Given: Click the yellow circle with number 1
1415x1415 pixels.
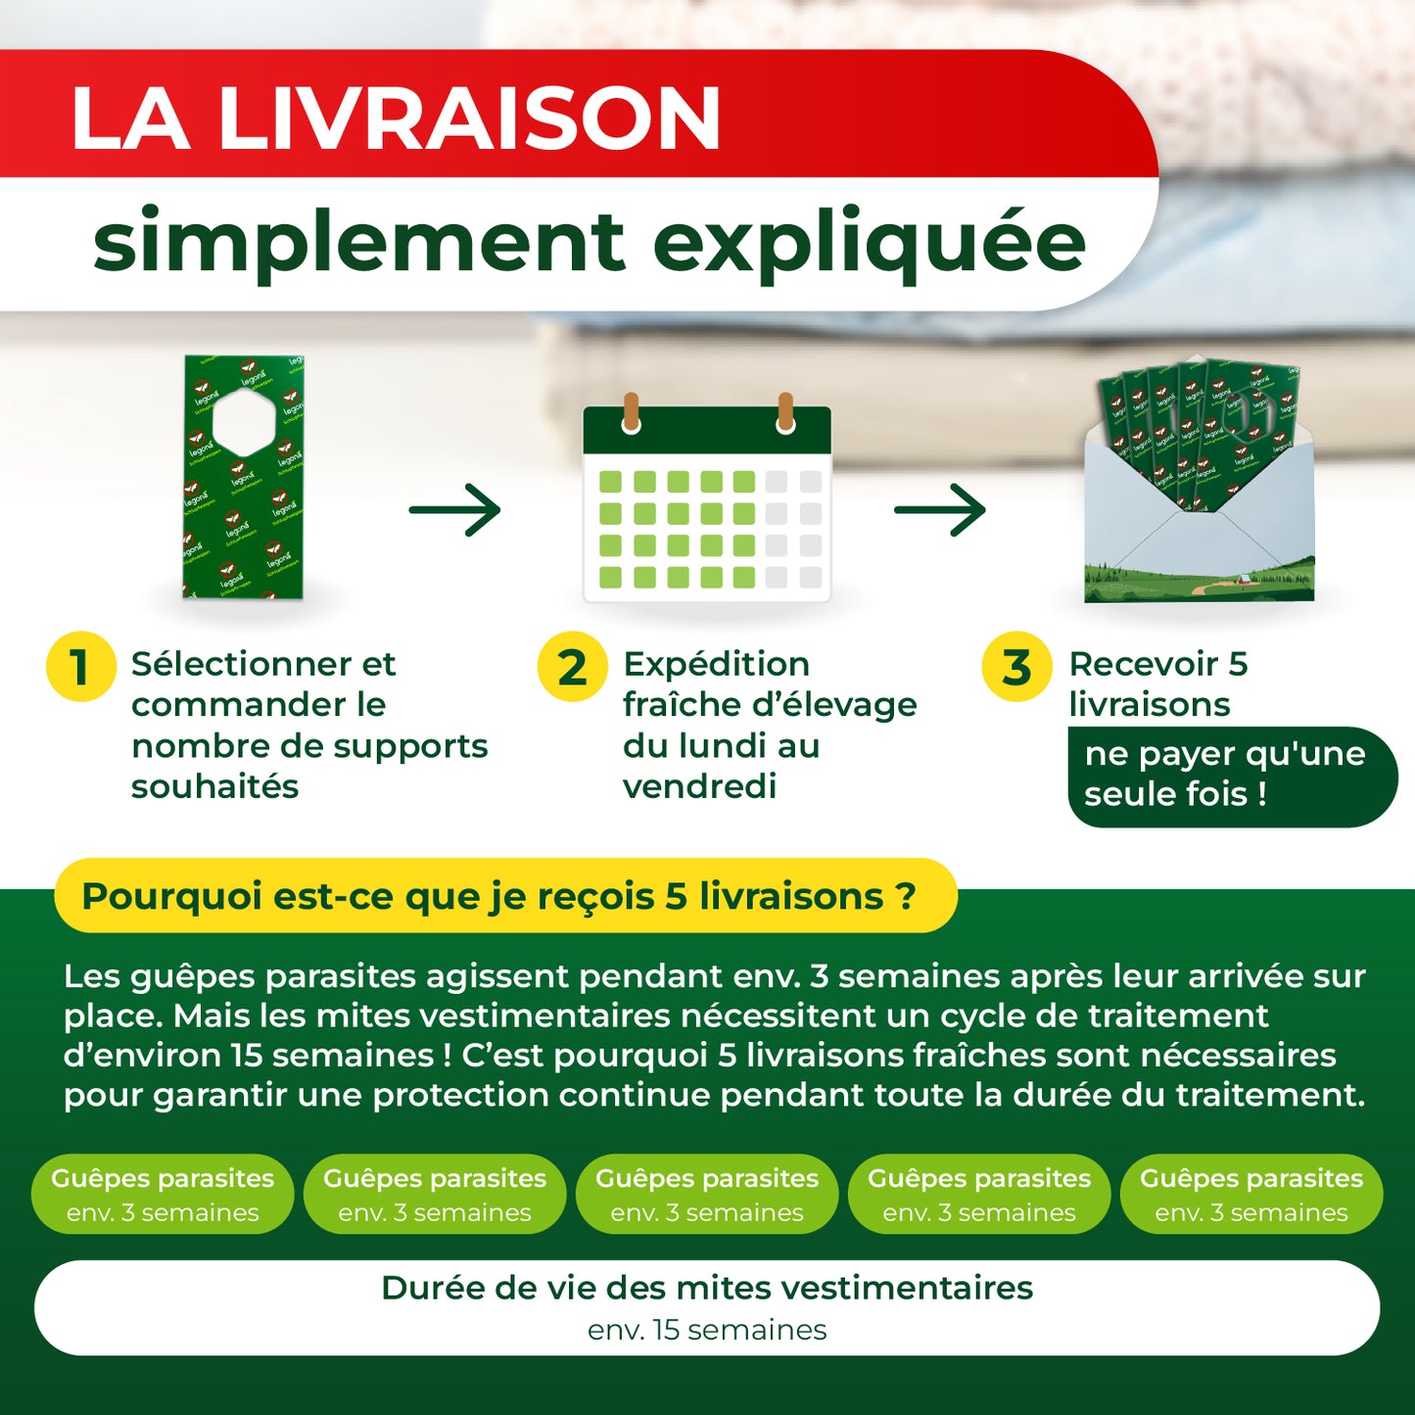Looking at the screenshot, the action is point(80,666).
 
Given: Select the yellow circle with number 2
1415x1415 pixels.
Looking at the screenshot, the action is point(572,666).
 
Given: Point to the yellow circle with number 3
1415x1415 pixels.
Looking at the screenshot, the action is point(1016,666).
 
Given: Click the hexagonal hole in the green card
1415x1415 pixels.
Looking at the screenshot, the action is point(244,420).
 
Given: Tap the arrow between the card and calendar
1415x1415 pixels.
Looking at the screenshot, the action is point(454,509).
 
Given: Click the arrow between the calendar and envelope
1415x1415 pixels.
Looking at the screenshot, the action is point(940,509).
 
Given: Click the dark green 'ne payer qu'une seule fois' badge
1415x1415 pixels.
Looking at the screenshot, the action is point(1232,777).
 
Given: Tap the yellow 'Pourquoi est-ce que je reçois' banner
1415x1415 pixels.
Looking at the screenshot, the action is point(506,895).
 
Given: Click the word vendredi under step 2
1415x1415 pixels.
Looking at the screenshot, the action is point(699,786).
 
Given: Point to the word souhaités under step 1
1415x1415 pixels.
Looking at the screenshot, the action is point(214,786).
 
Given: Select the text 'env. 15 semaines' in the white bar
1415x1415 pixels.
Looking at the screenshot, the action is point(706,1330).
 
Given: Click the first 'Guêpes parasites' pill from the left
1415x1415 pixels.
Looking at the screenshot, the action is point(163,1194).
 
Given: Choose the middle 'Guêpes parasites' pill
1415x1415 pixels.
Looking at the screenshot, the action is point(706,1194).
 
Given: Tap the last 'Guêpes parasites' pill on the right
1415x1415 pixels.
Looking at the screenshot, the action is point(1251,1194).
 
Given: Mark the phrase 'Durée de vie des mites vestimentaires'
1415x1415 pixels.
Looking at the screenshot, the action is point(706,1288).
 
